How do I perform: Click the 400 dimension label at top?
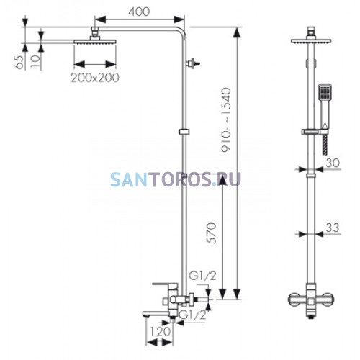coord(139,12)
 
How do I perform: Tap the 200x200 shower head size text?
coord(95,78)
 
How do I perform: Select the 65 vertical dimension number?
coord(19,63)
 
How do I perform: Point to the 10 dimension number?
coord(35,61)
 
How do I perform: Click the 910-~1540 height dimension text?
coord(226,120)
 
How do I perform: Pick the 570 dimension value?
coord(212,233)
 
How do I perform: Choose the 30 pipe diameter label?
coord(333,163)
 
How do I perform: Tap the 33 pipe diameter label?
coord(333,228)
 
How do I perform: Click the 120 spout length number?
coord(161,332)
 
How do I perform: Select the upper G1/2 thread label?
coord(202,276)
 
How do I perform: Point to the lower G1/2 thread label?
coord(193,315)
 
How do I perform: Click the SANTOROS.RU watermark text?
coord(176,179)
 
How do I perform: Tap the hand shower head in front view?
coord(325,92)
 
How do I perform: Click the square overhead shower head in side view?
coord(95,42)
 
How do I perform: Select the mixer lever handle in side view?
coord(165,285)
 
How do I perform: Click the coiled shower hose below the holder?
coord(325,145)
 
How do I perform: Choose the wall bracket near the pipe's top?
coord(193,63)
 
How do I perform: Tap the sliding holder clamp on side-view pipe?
coord(184,132)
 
